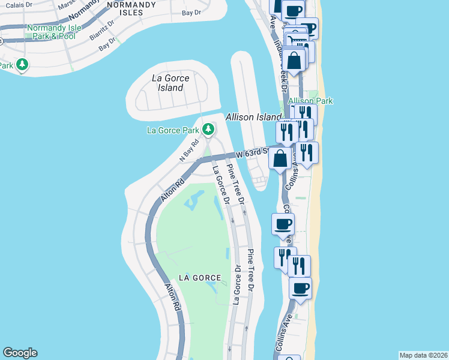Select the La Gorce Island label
[x=170, y=83]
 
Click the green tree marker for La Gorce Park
[x=208, y=128]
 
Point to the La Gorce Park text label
[x=173, y=130]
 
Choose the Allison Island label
[x=253, y=117]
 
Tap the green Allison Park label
[x=310, y=101]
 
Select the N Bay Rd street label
[x=189, y=151]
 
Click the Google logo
[x=20, y=353]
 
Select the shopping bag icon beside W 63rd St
[x=280, y=158]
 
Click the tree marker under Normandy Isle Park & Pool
[x=22, y=64]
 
